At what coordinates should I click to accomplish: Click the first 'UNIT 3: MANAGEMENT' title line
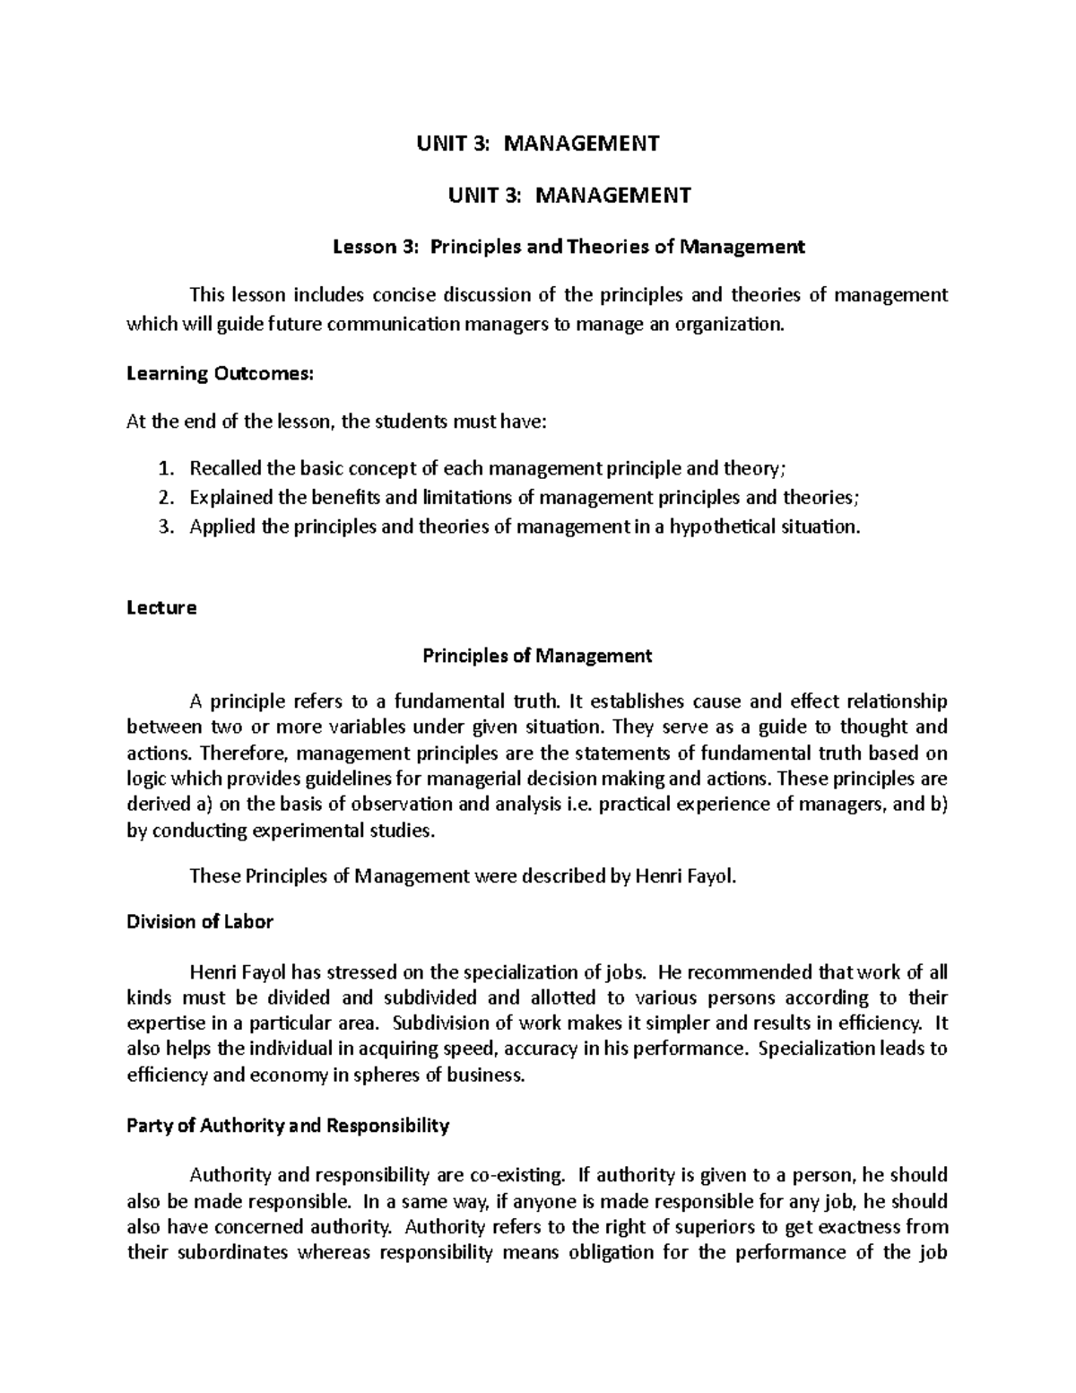point(537,143)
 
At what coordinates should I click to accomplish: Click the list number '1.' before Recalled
point(163,468)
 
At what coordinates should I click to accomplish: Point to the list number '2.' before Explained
point(163,497)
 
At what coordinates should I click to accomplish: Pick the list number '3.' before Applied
point(163,527)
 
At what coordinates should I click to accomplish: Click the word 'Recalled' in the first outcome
point(225,468)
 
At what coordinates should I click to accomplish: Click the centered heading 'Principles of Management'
point(537,656)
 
